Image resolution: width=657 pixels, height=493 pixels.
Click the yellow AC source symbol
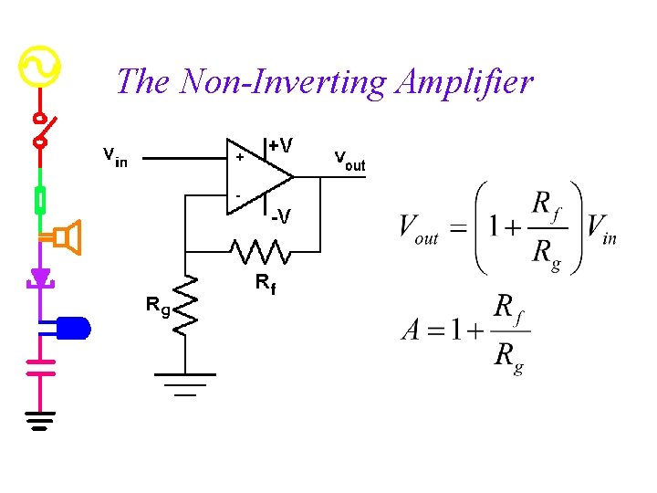pyautogui.click(x=39, y=67)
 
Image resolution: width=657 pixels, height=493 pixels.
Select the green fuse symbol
pyautogui.click(x=40, y=199)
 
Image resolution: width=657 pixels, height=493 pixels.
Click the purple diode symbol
pyautogui.click(x=40, y=277)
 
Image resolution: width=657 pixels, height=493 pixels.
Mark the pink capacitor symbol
pyautogui.click(x=40, y=367)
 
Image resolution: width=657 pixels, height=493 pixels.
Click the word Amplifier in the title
pyautogui.click(x=464, y=83)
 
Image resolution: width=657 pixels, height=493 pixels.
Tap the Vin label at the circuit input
pyautogui.click(x=115, y=157)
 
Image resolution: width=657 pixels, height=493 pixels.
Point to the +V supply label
pyautogui.click(x=280, y=145)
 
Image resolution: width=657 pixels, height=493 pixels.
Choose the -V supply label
pyautogui.click(x=281, y=216)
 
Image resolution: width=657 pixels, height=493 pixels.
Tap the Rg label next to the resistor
pyautogui.click(x=157, y=305)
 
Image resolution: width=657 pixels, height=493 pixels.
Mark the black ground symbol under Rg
pyautogui.click(x=185, y=383)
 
